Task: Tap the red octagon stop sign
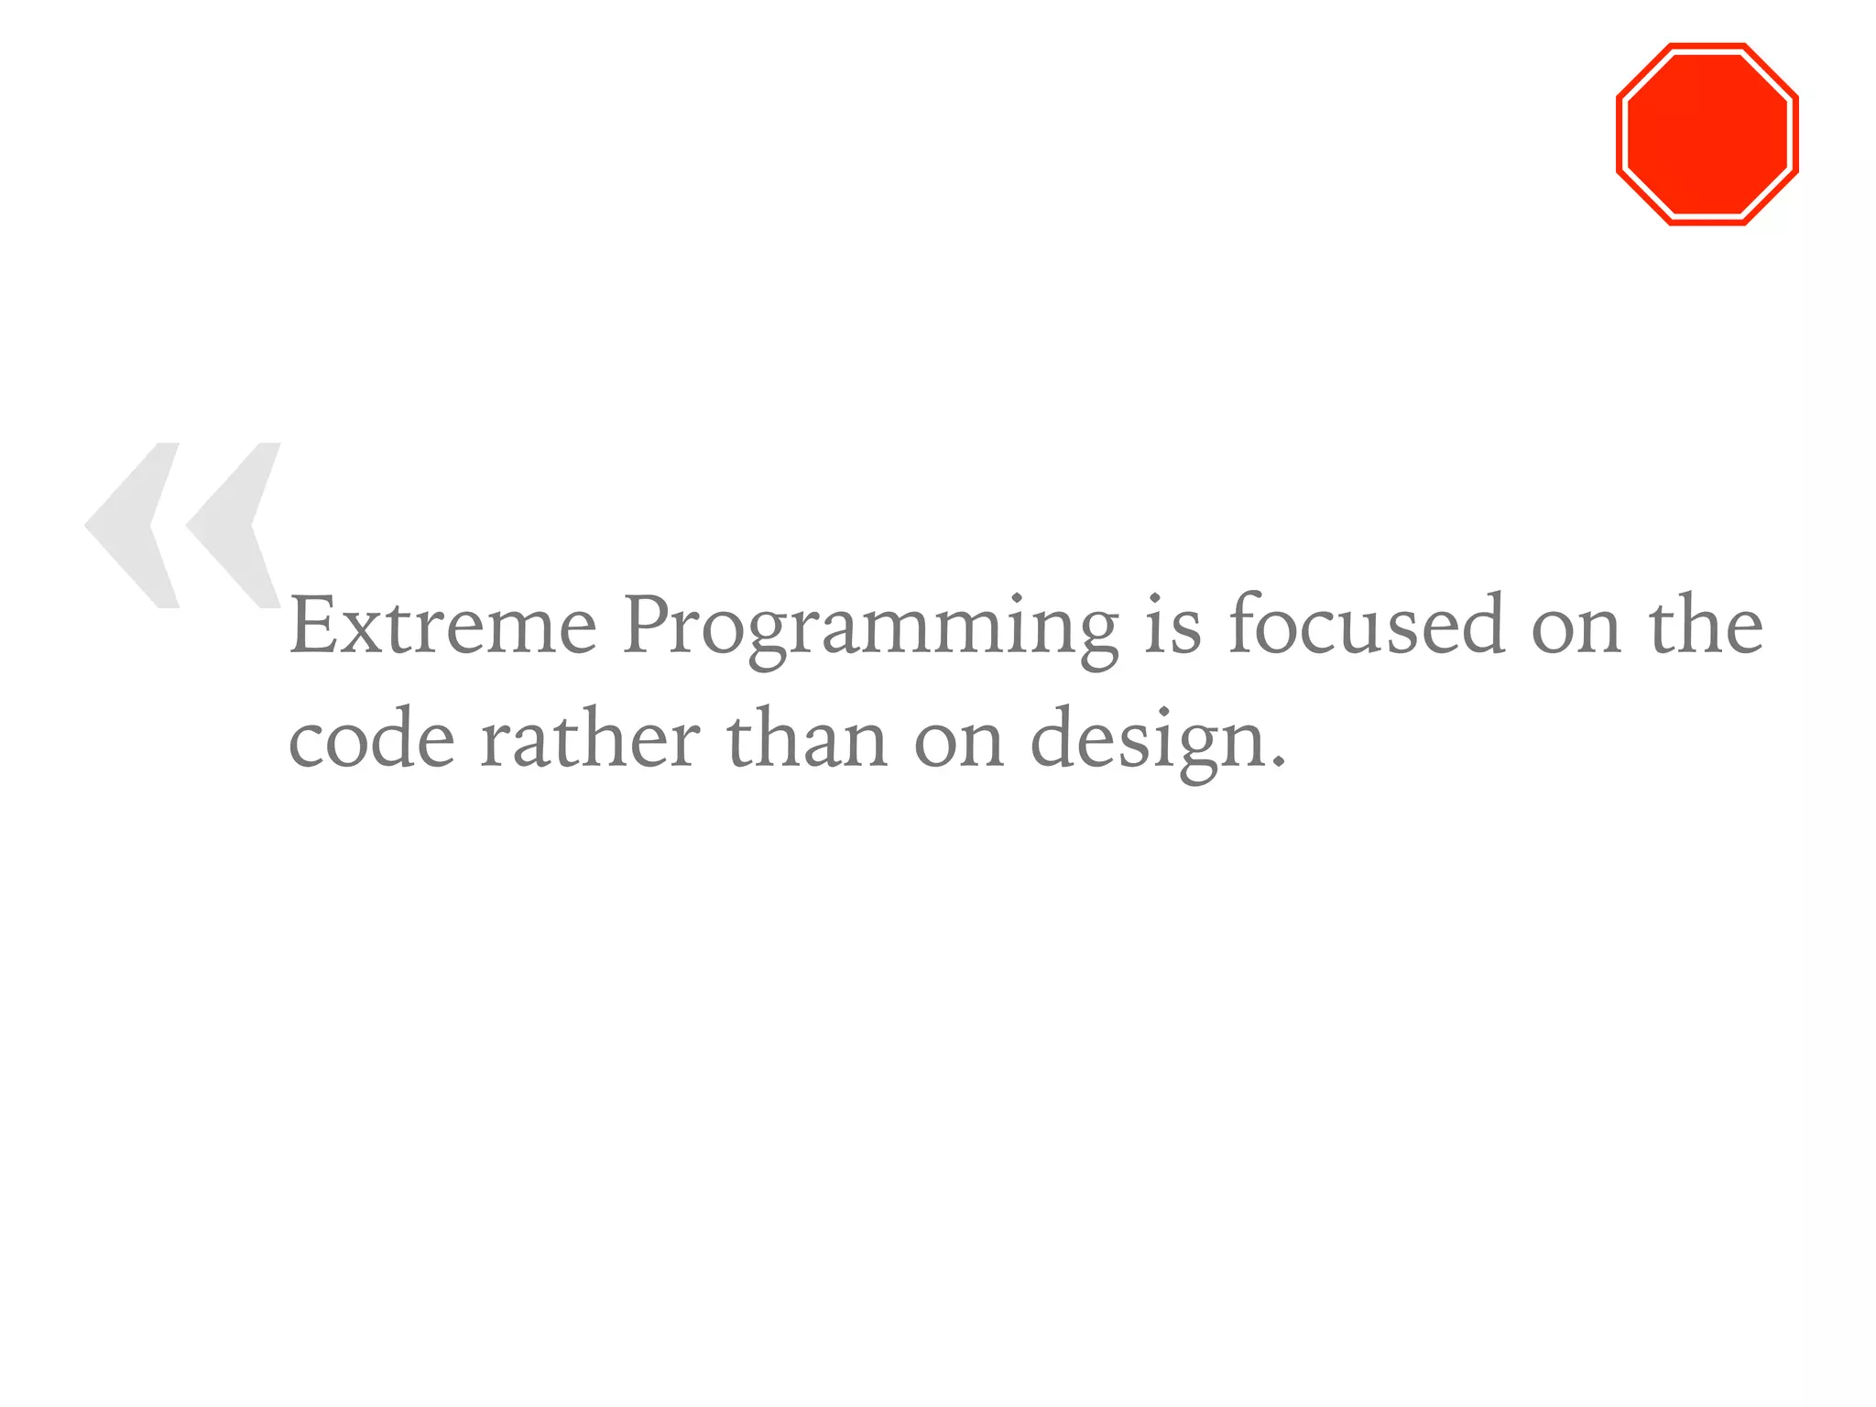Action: click(1707, 134)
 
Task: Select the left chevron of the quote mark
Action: click(134, 525)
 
